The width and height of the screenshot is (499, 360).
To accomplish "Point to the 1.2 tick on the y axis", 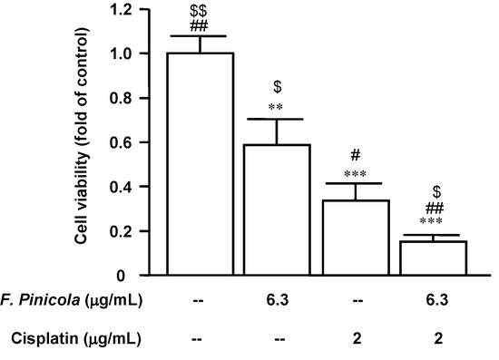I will [135, 10].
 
